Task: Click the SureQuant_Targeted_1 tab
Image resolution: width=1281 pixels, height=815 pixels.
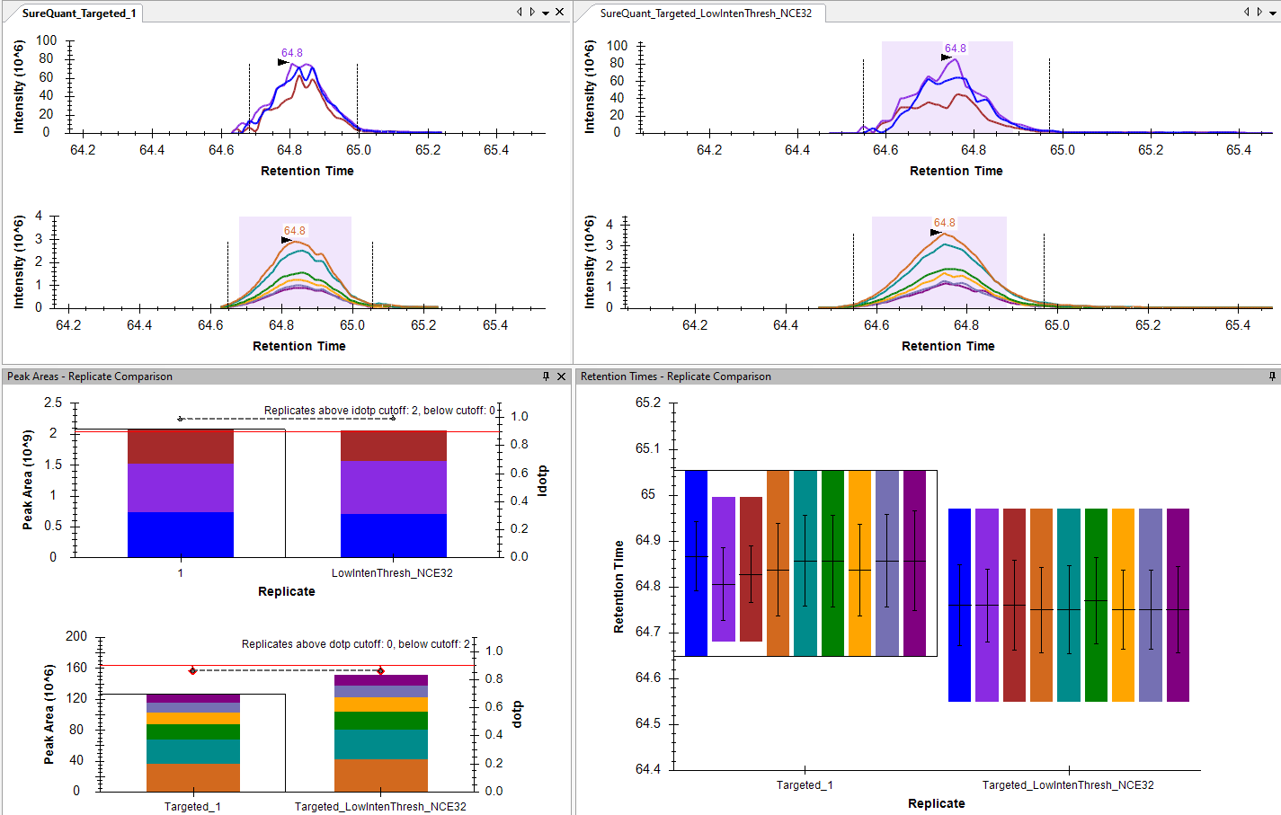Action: coord(78,13)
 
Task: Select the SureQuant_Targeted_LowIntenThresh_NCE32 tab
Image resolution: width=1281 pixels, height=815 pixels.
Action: coord(706,13)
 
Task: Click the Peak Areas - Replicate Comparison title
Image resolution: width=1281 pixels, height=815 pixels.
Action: coord(90,376)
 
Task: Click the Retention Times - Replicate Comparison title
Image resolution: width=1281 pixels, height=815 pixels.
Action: coord(675,376)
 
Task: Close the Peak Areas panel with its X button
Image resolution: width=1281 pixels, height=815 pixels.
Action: coord(562,376)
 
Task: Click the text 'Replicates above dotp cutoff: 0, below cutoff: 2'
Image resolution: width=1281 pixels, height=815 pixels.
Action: coord(355,644)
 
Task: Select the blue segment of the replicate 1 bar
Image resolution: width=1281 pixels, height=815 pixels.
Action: coord(181,535)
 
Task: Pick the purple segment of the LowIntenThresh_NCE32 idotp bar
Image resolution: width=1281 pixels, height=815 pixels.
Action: coord(394,487)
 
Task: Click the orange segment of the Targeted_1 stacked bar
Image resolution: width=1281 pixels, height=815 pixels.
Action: coord(193,777)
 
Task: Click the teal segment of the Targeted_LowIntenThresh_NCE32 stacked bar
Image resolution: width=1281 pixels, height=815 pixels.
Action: coord(381,744)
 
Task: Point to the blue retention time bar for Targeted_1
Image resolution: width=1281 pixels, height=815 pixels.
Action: coord(696,563)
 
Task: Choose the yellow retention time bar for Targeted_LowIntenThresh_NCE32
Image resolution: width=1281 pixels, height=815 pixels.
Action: coord(1123,605)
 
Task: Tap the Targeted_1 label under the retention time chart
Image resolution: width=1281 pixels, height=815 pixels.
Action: coord(805,785)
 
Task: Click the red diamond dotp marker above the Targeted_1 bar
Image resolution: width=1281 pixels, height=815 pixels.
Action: coord(193,671)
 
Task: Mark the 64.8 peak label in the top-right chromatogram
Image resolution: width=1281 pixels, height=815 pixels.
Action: coord(956,49)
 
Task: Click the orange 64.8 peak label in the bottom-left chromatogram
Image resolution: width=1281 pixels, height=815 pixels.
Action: coord(295,231)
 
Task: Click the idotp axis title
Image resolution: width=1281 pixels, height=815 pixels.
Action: coord(542,481)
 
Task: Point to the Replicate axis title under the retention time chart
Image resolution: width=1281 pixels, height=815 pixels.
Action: coord(936,803)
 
